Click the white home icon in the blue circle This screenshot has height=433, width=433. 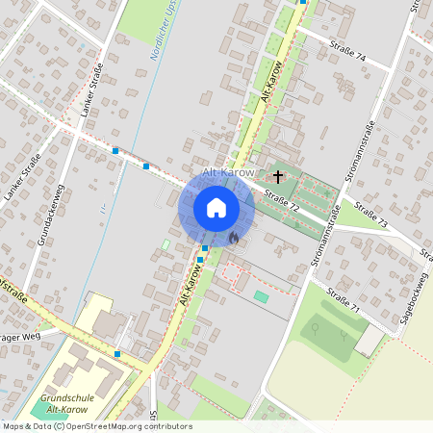[216, 208]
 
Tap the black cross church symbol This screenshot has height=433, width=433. [279, 176]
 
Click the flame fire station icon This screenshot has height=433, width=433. [233, 236]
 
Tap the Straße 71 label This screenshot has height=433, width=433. [342, 301]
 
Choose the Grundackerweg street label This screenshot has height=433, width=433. [51, 215]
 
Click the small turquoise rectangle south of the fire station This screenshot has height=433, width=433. [261, 296]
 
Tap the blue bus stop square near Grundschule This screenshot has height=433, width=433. [117, 354]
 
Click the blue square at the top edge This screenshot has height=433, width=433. [302, 2]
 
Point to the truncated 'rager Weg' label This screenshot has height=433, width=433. [16, 338]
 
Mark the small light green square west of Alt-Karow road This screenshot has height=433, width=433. [165, 245]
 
